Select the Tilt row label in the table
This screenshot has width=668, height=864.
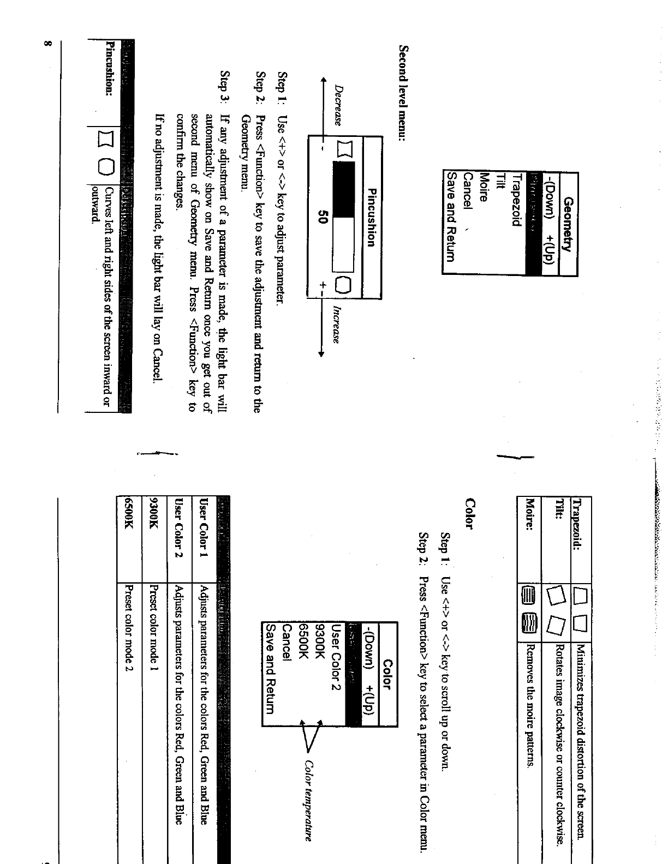[558, 507]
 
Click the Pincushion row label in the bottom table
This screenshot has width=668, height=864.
[109, 69]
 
